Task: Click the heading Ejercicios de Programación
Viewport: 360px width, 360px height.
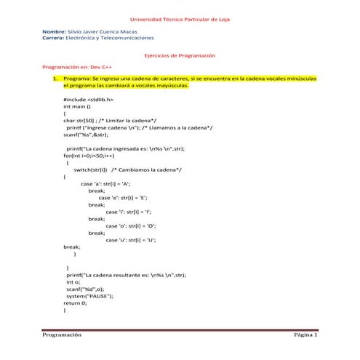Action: (x=180, y=55)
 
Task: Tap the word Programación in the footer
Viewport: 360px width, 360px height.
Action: (x=61, y=335)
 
